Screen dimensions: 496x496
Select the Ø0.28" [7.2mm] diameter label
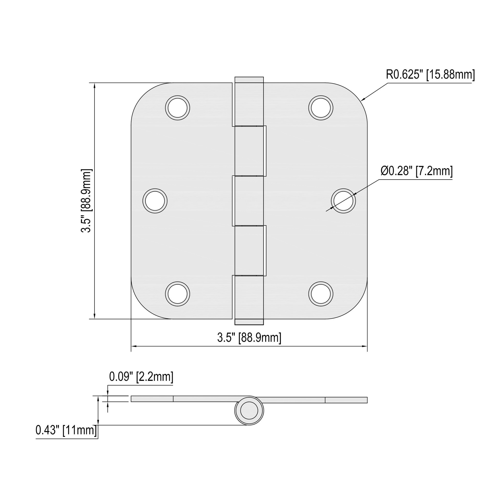point(416,171)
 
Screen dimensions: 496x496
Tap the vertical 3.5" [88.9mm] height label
point(86,201)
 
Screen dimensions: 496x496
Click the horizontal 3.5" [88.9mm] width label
point(249,338)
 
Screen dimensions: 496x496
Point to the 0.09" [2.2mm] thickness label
point(141,377)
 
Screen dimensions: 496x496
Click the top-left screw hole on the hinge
point(177,108)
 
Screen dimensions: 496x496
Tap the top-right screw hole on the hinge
point(321,108)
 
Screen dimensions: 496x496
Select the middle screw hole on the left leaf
point(155,201)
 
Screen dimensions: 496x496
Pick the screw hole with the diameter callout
point(343,201)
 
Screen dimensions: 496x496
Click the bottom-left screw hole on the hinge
point(177,294)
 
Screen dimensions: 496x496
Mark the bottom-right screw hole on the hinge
point(321,294)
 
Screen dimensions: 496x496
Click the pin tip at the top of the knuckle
point(249,80)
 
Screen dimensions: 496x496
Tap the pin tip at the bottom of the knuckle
point(249,322)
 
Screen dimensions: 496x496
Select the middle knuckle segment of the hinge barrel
point(249,201)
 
